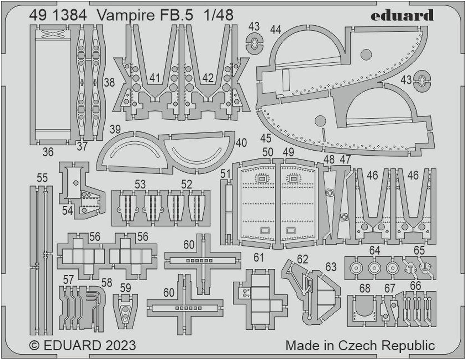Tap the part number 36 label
[48, 152]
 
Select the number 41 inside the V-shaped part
[155, 78]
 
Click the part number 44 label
[276, 30]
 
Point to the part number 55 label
[42, 178]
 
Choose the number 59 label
[126, 288]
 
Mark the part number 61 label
[258, 257]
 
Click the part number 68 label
[365, 288]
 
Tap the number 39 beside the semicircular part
[115, 129]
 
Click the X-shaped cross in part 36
[53, 34]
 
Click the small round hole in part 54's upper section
[76, 183]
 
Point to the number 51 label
[225, 174]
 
